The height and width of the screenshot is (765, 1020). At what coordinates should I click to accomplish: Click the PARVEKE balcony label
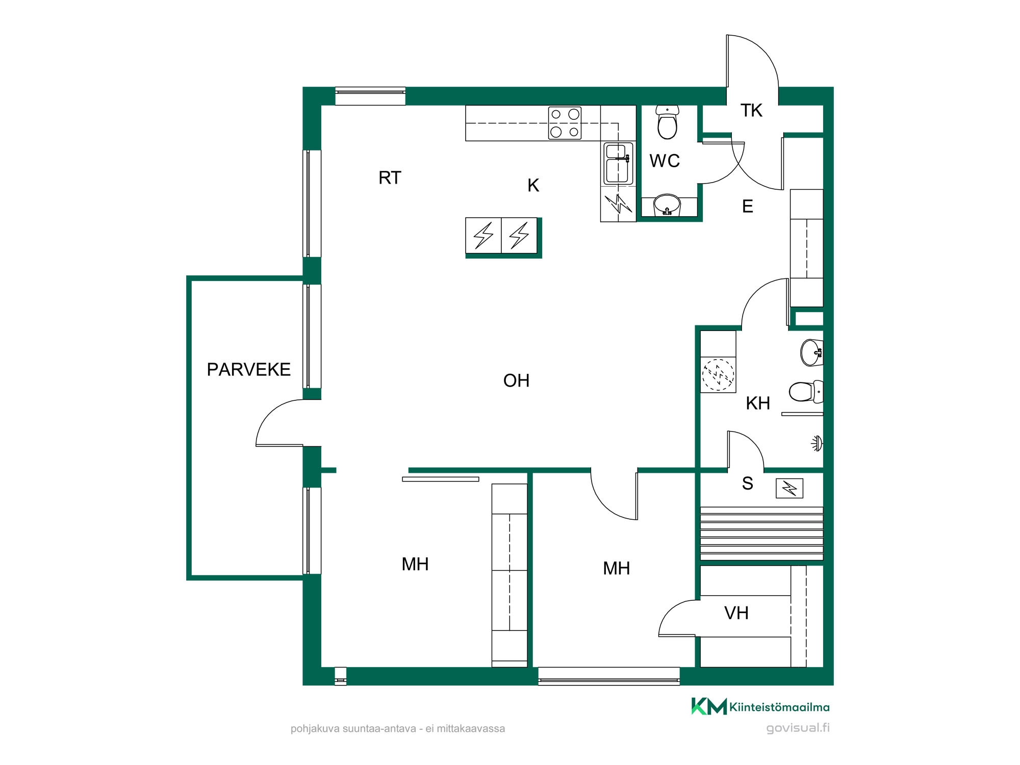[x=248, y=369]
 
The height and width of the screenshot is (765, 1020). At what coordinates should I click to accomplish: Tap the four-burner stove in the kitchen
[x=565, y=123]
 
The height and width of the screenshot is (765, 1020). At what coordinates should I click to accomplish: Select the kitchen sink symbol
[x=618, y=163]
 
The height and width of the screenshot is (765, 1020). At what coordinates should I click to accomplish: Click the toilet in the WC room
[x=667, y=122]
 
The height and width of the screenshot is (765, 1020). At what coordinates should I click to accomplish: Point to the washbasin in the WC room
[x=667, y=205]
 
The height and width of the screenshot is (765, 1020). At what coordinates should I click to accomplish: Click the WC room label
[x=665, y=161]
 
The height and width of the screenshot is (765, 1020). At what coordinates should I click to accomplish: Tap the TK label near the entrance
[x=751, y=110]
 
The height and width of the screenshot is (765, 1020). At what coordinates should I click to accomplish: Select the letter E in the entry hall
[x=748, y=206]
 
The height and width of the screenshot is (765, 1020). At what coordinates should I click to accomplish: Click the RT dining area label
[x=390, y=177]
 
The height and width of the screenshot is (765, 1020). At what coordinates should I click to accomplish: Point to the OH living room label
[x=516, y=380]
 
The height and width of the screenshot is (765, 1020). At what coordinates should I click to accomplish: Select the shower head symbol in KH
[x=817, y=443]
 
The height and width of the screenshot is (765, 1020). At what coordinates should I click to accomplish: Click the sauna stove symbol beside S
[x=789, y=488]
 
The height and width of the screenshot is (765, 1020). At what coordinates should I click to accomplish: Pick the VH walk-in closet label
[x=736, y=613]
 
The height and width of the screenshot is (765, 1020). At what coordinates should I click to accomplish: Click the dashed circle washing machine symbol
[x=718, y=375]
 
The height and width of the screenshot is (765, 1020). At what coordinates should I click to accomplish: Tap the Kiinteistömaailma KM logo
[x=709, y=706]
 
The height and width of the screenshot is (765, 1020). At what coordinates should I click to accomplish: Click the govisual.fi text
[x=798, y=728]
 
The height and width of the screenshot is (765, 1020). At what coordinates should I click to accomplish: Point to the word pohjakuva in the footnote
[x=315, y=729]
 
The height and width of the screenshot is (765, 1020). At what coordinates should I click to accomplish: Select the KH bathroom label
[x=758, y=403]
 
